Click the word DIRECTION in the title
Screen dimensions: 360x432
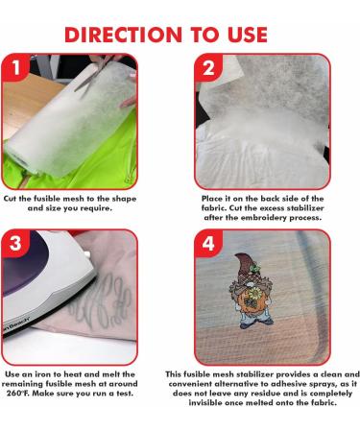pos(123,35)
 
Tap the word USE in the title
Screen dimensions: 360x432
pos(247,35)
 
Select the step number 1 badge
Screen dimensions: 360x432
pos(16,68)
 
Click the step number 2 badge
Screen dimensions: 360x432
pos(208,68)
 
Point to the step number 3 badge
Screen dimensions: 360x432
pos(16,244)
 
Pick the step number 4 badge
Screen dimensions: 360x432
pos(208,244)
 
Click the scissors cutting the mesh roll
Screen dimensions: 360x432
pos(94,74)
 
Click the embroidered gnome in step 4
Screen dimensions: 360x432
pos(252,291)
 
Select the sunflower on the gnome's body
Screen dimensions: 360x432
pos(255,292)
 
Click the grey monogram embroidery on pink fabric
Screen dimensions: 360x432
pos(103,300)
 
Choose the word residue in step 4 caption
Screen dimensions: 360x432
pos(266,393)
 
